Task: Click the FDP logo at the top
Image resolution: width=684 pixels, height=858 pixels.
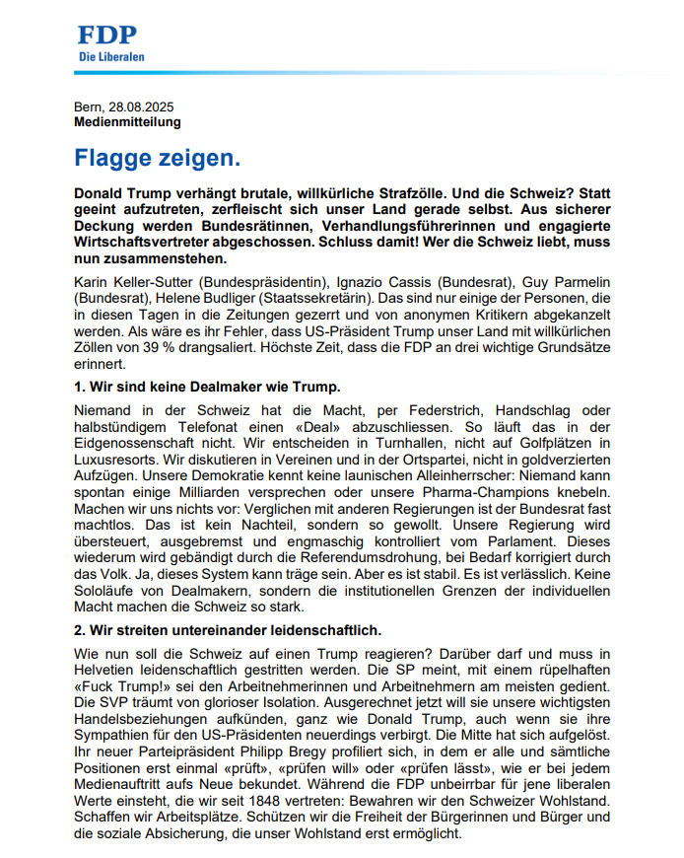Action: click(x=108, y=36)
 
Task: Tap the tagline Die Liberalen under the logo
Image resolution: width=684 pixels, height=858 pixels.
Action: click(x=111, y=57)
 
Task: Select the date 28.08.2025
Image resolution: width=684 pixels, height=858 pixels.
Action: click(x=142, y=107)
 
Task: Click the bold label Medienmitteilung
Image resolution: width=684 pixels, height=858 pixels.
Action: click(x=127, y=122)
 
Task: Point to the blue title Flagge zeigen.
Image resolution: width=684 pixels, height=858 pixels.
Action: click(x=158, y=158)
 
